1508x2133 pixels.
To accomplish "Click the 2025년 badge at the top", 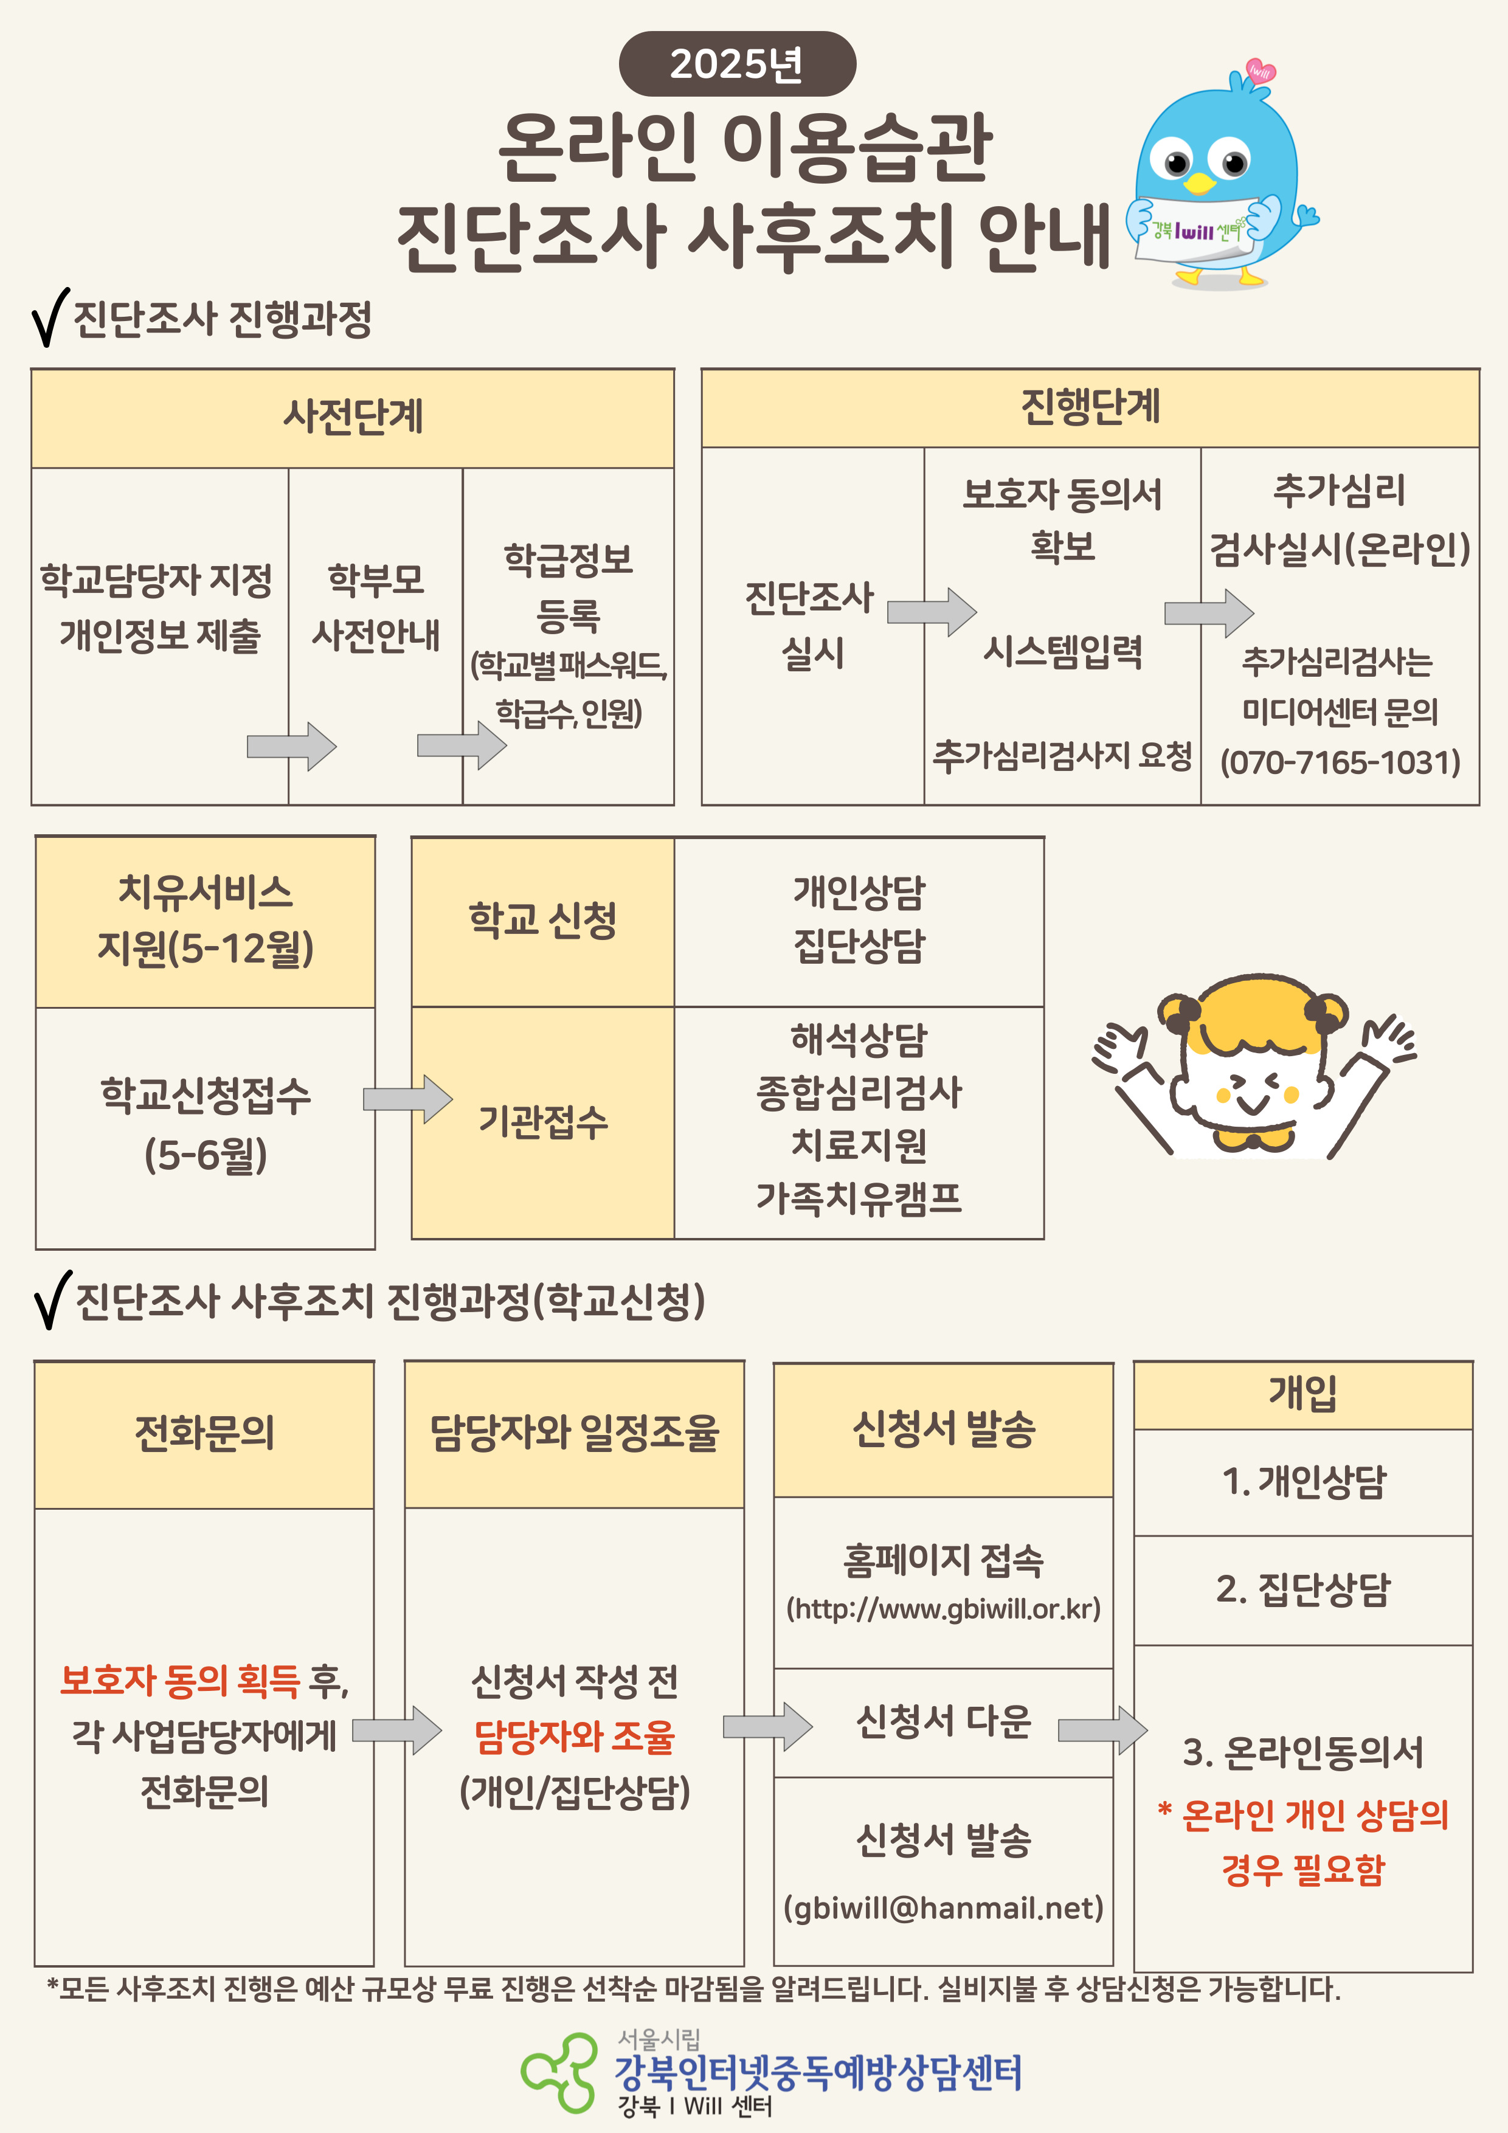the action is [737, 63].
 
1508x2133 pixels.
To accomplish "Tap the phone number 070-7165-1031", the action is [1340, 762].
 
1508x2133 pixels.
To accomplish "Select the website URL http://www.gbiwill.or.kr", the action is [943, 1608].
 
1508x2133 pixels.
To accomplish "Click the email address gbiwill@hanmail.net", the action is [943, 1907].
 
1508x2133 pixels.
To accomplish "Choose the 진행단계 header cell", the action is [1090, 409].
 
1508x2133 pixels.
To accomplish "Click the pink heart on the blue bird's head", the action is [1260, 72].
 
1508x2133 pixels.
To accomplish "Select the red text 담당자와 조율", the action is [574, 1737].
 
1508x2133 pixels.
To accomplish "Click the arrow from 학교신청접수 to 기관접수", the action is [407, 1099].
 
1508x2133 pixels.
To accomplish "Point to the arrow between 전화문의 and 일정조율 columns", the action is [396, 1730].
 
